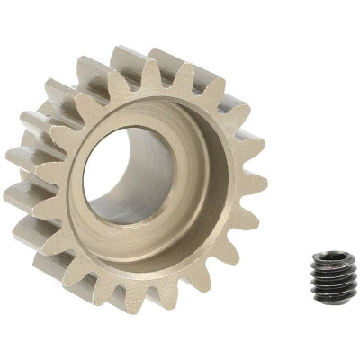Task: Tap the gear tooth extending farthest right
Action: (256, 184)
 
